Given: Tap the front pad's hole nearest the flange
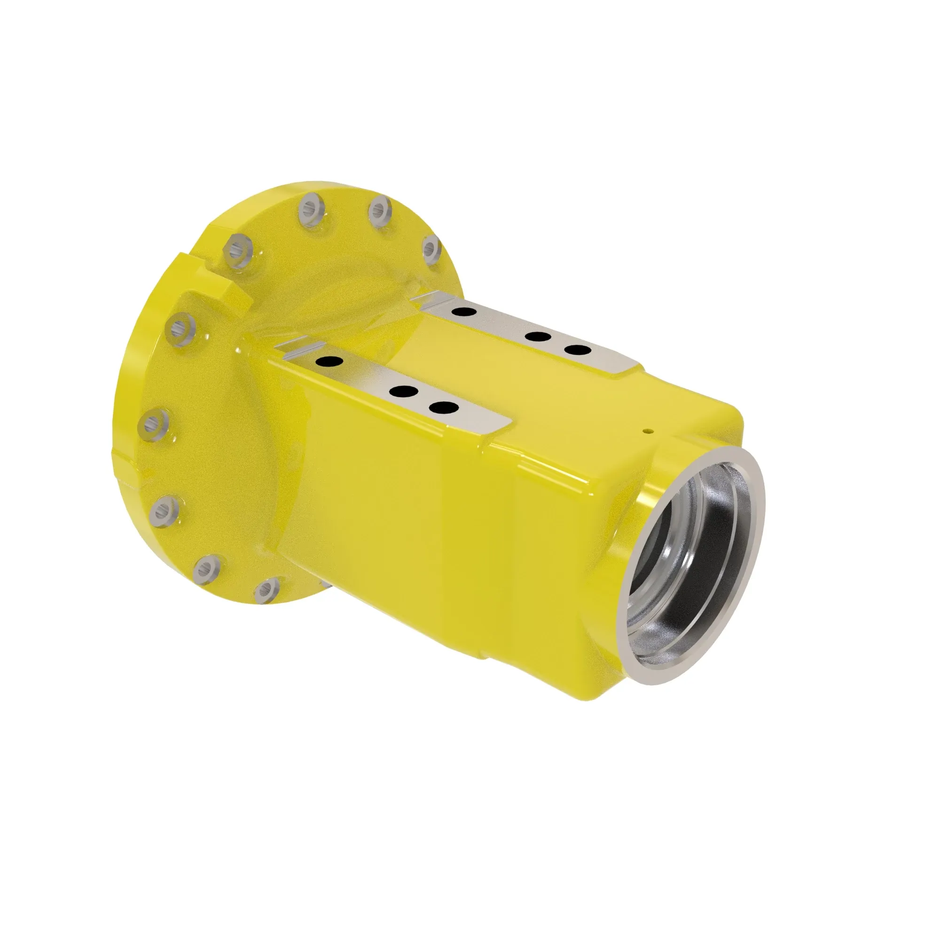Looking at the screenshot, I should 329,361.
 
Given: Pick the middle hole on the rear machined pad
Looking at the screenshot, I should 538,337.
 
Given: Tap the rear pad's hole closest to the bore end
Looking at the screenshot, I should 578,350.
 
